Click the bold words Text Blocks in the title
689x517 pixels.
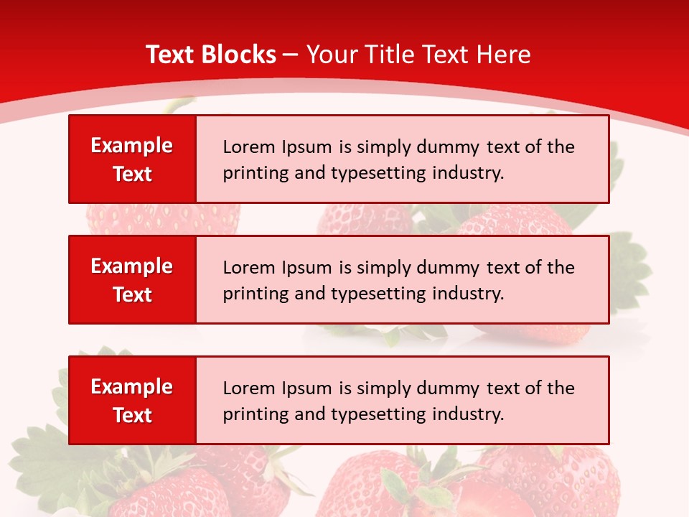[211, 55]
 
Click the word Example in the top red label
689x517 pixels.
[132, 146]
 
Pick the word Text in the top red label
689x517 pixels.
[132, 174]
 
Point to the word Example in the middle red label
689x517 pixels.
[132, 266]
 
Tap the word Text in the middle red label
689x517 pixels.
[132, 294]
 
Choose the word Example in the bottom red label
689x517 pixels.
[132, 387]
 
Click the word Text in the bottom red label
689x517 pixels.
[132, 415]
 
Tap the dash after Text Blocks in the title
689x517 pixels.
[291, 55]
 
